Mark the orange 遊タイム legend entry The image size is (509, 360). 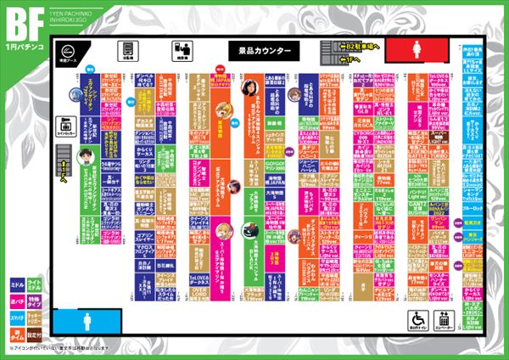pyautogui.click(x=16, y=332)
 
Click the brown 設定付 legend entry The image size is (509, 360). pyautogui.click(x=34, y=332)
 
